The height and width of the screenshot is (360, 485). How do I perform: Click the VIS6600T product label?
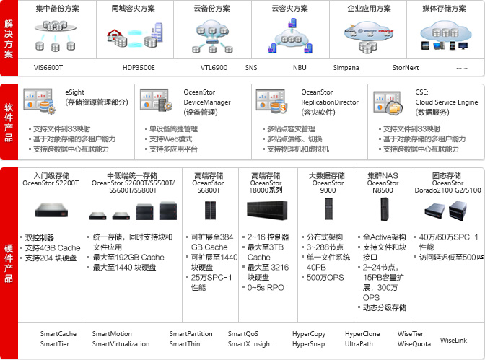48,68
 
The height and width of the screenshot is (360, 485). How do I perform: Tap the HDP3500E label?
139,68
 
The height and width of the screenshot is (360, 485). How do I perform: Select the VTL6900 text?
214,68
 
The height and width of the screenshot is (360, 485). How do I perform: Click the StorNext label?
405,68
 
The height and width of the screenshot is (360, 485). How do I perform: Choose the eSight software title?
74,92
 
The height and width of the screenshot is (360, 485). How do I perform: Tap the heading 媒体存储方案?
442,9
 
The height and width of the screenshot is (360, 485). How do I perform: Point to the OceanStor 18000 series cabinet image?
266,210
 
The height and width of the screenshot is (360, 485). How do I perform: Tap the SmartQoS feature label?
243,334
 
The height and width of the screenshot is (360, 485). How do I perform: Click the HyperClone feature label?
363,334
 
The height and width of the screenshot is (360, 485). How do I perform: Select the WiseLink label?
453,339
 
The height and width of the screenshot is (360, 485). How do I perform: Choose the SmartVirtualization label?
121,344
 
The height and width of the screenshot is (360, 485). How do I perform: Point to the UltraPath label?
359,344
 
